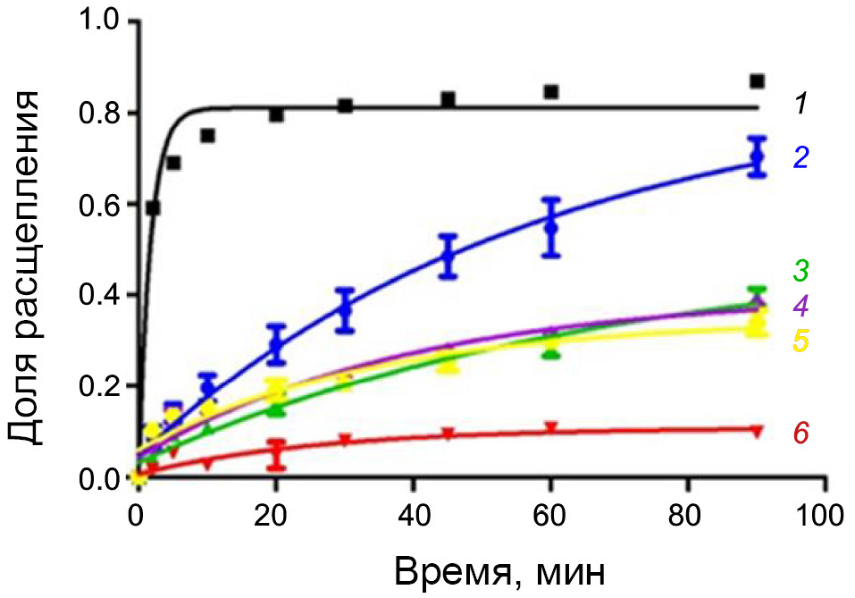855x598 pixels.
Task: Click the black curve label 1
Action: point(801,105)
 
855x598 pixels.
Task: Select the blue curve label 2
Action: point(801,158)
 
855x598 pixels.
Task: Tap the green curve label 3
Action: point(801,268)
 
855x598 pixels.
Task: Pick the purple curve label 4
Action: point(801,306)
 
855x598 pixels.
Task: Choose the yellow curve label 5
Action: point(801,341)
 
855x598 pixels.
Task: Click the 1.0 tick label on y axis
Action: point(100,21)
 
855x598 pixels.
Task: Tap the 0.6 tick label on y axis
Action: point(100,205)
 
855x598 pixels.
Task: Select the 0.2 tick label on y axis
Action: point(100,386)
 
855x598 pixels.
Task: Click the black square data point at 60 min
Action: point(551,92)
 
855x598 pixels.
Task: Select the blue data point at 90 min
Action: point(758,157)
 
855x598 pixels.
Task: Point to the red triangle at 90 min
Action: point(758,432)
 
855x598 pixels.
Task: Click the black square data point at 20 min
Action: point(277,114)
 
